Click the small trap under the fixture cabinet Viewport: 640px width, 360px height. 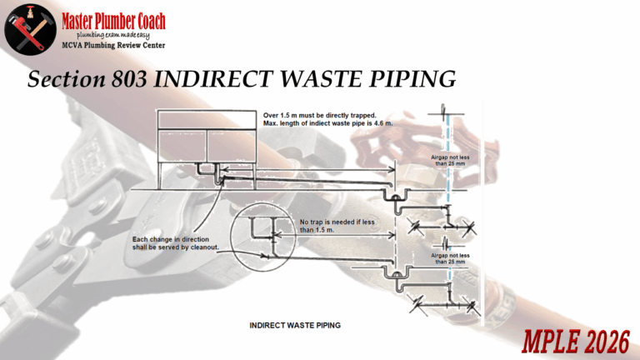[x=214, y=173]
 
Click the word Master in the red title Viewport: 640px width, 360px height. [x=87, y=18]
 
